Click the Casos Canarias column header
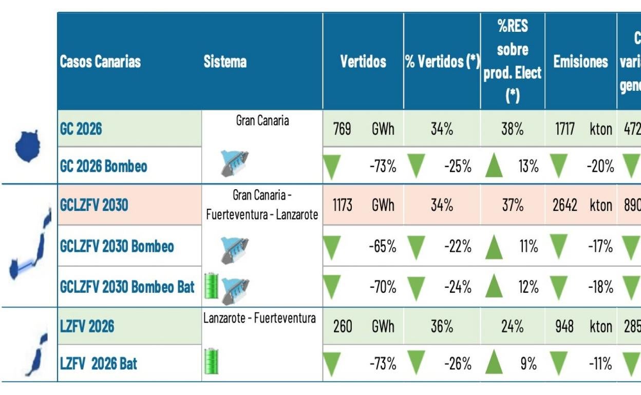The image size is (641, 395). point(100,62)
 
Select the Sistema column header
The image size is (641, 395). point(225,62)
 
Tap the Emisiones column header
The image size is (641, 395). point(580,62)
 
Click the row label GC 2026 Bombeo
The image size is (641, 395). point(104,166)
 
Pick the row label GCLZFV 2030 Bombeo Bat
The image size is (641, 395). point(127,287)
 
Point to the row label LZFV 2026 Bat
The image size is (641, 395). point(99,364)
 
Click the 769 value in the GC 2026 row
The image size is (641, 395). point(342,129)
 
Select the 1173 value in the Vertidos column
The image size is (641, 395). point(342,206)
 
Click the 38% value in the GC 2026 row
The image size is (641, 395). point(512,129)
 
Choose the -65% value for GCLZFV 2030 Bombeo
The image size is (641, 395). point(383,247)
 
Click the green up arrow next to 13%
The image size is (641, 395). point(494,166)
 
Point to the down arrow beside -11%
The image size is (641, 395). point(558,363)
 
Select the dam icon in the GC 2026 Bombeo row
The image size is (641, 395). point(234,164)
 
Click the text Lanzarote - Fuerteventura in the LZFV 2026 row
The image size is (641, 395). point(259,318)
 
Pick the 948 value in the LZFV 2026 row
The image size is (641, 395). point(564,326)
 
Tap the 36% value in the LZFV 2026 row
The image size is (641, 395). point(442,326)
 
